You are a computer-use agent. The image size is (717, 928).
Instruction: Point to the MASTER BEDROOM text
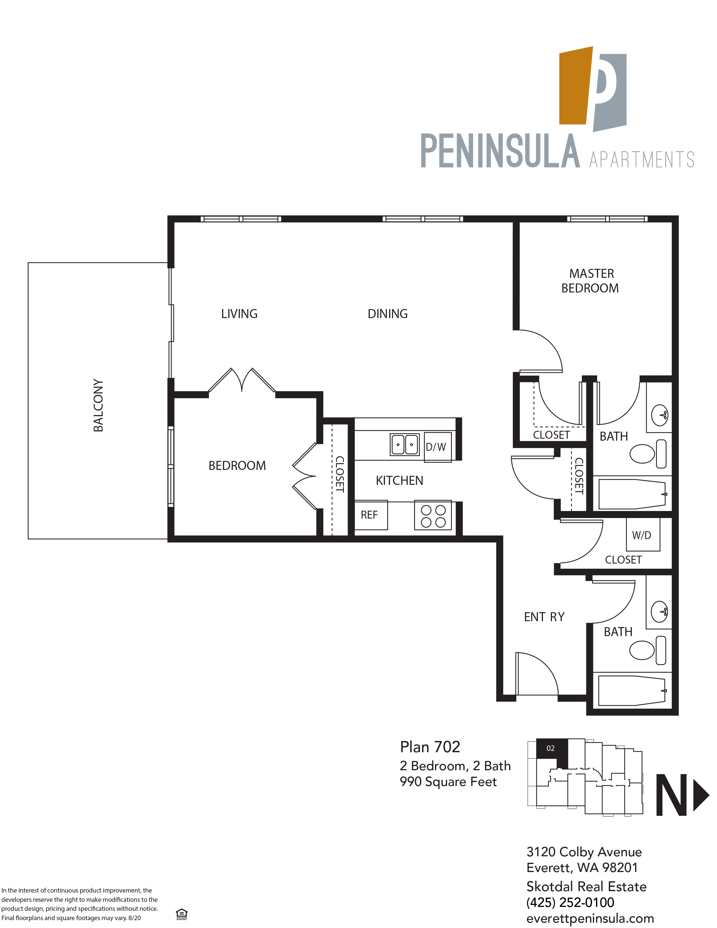pyautogui.click(x=590, y=281)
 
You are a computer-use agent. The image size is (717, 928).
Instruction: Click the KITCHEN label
pyautogui.click(x=399, y=481)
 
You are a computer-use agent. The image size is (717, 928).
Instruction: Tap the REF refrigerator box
pyautogui.click(x=370, y=515)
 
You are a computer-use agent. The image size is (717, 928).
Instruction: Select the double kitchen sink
pyautogui.click(x=405, y=444)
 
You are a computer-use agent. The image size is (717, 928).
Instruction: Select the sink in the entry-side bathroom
pyautogui.click(x=659, y=612)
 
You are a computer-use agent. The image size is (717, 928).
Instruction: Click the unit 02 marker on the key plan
pyautogui.click(x=551, y=748)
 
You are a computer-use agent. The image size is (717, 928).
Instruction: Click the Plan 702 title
pyautogui.click(x=430, y=747)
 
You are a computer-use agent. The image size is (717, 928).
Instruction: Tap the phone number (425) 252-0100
pyautogui.click(x=570, y=902)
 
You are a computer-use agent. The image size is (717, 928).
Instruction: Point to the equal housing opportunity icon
pyautogui.click(x=181, y=914)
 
